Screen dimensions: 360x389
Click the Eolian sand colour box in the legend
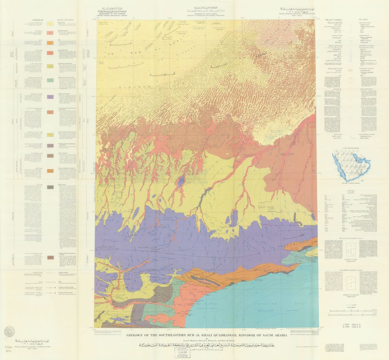pos(51,23)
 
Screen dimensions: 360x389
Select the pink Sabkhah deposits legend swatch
pos(51,33)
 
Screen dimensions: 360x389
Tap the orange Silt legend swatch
pos(51,43)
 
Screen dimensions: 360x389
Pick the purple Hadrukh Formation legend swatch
pos(51,97)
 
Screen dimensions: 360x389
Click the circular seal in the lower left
pos(10,331)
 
